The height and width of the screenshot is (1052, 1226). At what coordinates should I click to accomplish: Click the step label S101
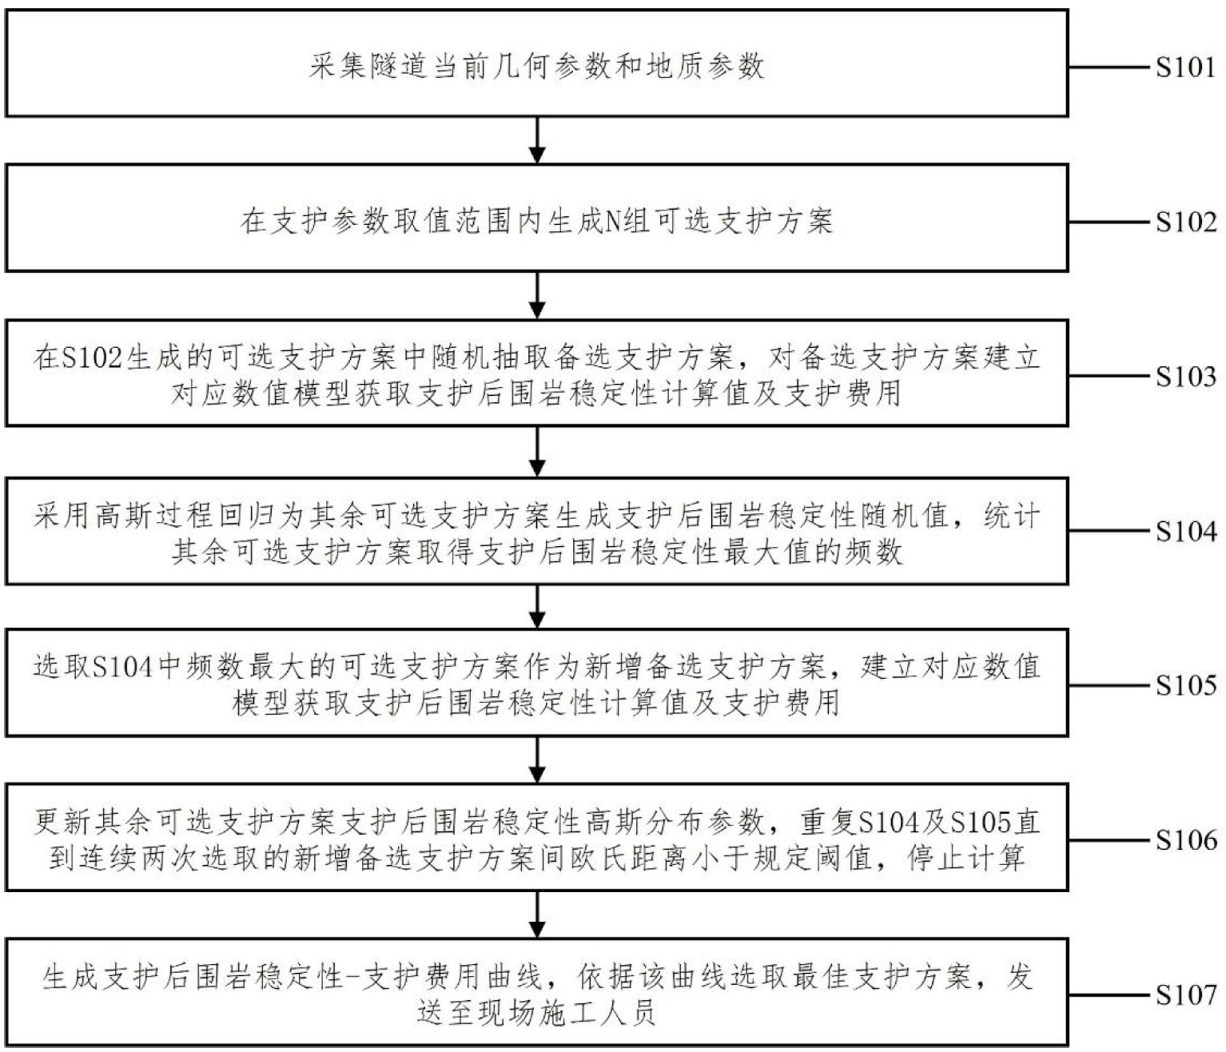coord(1185,67)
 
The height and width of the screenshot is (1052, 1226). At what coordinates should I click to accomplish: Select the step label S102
coord(1185,221)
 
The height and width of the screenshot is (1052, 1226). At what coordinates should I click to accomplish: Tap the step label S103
coord(1185,377)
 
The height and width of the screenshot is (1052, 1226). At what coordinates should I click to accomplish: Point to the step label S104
coord(1185,531)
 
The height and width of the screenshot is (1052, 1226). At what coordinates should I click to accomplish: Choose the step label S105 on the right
coord(1185,685)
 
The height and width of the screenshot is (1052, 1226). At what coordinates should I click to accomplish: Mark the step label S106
coord(1185,840)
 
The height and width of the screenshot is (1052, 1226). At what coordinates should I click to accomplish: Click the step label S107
coord(1185,995)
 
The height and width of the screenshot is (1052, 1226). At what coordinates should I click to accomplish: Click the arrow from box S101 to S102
coord(537,140)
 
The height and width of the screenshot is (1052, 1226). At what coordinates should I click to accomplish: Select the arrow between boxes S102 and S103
coord(537,296)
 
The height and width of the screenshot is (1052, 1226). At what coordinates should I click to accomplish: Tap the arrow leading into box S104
coord(537,451)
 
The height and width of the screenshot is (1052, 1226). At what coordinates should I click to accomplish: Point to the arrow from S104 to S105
coord(537,607)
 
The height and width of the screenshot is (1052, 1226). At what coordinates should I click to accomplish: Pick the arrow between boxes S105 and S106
coord(537,760)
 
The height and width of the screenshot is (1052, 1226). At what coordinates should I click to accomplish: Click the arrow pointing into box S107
coord(537,915)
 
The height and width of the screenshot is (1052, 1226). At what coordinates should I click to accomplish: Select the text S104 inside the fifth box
coord(122,666)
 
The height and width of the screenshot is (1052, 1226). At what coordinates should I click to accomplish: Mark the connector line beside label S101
coord(1111,67)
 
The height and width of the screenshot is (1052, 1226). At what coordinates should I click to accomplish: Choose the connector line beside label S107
coord(1111,995)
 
